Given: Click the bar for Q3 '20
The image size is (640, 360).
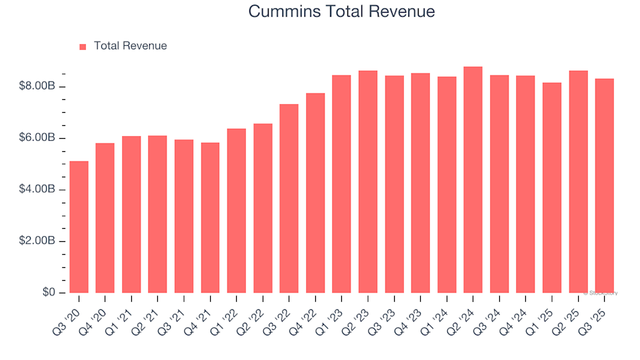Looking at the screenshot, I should [x=79, y=227].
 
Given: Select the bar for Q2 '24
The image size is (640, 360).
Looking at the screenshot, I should [x=473, y=180].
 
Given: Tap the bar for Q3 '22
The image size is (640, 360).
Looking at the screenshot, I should [x=289, y=199].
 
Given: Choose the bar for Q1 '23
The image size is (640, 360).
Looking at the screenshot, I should [x=341, y=184].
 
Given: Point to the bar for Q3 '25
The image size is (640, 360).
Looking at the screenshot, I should [x=604, y=186].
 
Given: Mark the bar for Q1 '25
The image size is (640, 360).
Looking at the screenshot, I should [x=551, y=188].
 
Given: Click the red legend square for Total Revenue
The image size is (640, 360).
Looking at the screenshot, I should [x=83, y=47].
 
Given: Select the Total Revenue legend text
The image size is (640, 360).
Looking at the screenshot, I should [x=130, y=46].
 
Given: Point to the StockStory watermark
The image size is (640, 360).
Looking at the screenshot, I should [x=601, y=293].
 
